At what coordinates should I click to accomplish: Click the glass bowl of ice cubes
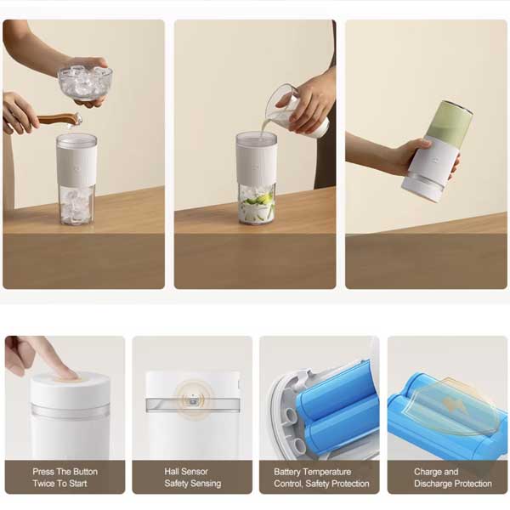pos(85,82)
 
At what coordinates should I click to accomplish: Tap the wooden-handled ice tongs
pos(59,119)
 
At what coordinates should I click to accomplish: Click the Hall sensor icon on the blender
pos(193,400)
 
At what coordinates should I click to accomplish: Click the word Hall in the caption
pos(171,472)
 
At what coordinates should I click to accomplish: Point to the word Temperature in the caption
pos(327,472)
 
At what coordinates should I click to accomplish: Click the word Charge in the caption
pos(427,472)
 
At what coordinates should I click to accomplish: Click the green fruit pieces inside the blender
pos(258,206)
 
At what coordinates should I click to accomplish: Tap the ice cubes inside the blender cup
pos(76,206)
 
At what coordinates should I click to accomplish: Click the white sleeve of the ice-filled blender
pos(76,165)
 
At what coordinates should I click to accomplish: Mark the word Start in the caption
pos(78,484)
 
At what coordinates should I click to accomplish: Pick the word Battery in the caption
pos(287,472)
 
